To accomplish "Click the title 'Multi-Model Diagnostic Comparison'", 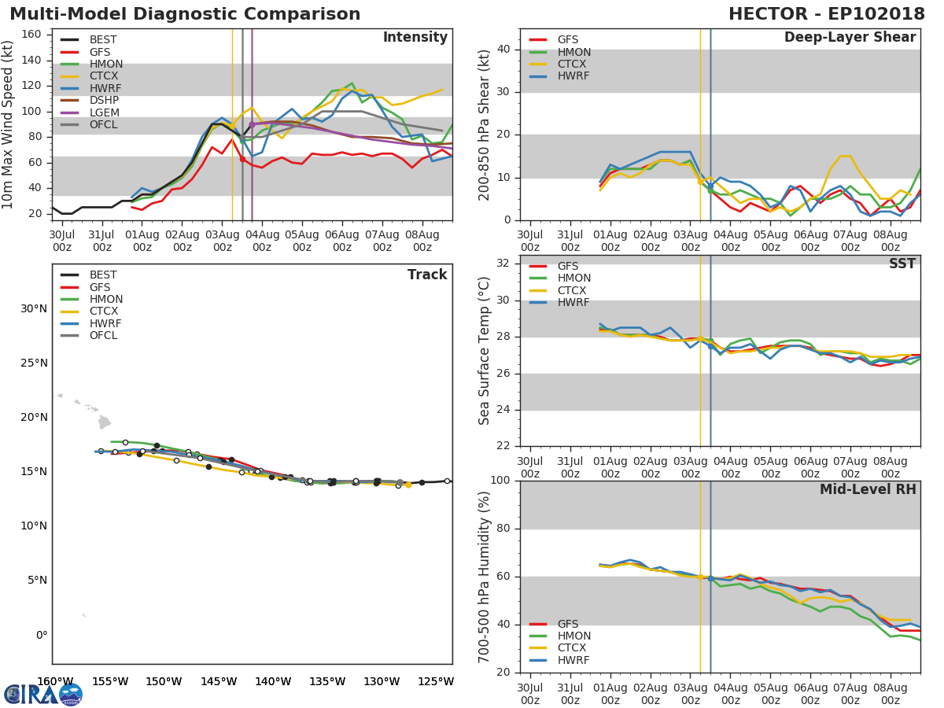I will click(x=185, y=14).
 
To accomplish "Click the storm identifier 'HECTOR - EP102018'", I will click(x=826, y=14).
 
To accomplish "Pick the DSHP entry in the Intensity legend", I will click(x=104, y=101).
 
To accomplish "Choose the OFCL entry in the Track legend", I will click(x=103, y=336).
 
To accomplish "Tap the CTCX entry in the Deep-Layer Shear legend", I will click(x=573, y=65).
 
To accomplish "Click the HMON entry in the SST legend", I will click(x=573, y=278).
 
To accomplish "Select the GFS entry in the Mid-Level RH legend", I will click(x=567, y=624).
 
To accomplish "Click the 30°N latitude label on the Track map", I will click(x=34, y=308).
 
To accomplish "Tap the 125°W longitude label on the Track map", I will click(x=436, y=681).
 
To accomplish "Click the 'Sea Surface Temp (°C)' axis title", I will click(x=485, y=351).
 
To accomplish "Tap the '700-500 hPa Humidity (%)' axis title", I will click(x=485, y=577).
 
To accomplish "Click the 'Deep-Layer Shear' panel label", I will click(x=850, y=38).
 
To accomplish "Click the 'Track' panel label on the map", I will click(x=427, y=275).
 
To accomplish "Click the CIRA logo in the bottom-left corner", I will click(x=42, y=694).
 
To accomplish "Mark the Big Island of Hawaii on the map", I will click(x=105, y=422).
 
